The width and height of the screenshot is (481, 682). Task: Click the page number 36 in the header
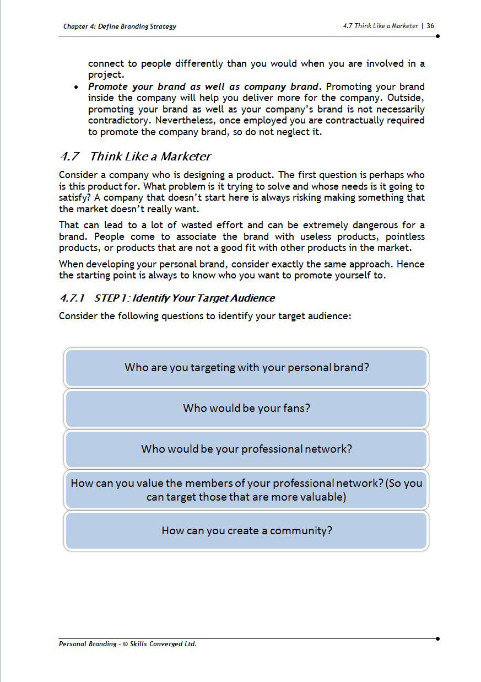[430, 26]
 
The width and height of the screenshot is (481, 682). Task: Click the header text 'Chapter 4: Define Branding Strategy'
[120, 26]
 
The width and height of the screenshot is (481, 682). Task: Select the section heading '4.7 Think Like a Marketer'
[135, 157]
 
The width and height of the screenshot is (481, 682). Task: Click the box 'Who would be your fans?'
[246, 409]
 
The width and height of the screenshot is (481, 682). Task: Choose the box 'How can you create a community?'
[246, 531]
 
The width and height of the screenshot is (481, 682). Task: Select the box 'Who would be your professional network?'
[246, 449]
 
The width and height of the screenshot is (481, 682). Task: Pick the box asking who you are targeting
[246, 367]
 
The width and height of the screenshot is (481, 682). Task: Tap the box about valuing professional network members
[246, 490]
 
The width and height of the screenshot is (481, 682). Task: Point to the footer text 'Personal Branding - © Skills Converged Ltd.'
[127, 643]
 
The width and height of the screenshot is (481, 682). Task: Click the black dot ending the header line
[437, 36]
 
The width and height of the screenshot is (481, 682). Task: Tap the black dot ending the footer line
[437, 638]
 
